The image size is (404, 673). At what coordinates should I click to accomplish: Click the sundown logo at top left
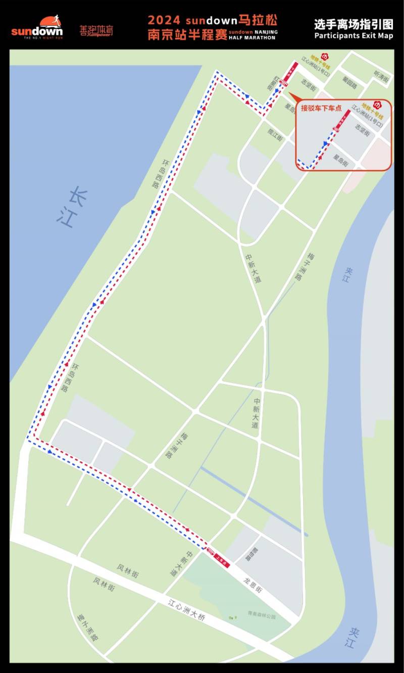37,27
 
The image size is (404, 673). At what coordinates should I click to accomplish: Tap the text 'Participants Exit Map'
353,35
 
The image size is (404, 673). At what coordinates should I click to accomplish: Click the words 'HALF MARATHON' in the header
252,38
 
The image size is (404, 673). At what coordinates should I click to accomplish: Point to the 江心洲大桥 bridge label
187,609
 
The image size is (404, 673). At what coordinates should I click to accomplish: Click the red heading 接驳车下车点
321,108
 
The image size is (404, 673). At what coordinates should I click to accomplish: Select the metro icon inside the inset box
376,105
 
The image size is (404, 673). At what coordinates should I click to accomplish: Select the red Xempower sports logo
96,31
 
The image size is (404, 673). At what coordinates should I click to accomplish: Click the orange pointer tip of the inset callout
289,93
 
